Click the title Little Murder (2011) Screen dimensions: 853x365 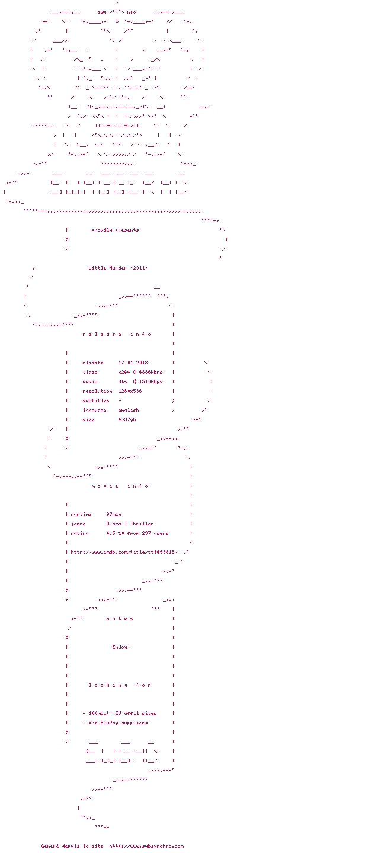(118, 268)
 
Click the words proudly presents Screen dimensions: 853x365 (115, 230)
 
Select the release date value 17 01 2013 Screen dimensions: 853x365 (133, 363)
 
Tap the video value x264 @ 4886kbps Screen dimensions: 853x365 (140, 372)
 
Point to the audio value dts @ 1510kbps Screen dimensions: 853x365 (140, 381)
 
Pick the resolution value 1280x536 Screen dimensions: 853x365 (130, 391)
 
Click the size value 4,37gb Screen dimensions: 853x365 (127, 419)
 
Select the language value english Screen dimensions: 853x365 (129, 410)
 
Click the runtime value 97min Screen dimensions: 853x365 (114, 514)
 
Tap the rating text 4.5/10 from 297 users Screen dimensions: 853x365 (137, 533)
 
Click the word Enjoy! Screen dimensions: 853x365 (121, 647)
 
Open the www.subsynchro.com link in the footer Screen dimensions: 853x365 (146, 846)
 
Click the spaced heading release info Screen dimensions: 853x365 (117, 334)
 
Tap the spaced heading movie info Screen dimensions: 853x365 (120, 486)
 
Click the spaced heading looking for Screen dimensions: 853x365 (120, 685)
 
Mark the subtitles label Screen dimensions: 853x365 (95, 400)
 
